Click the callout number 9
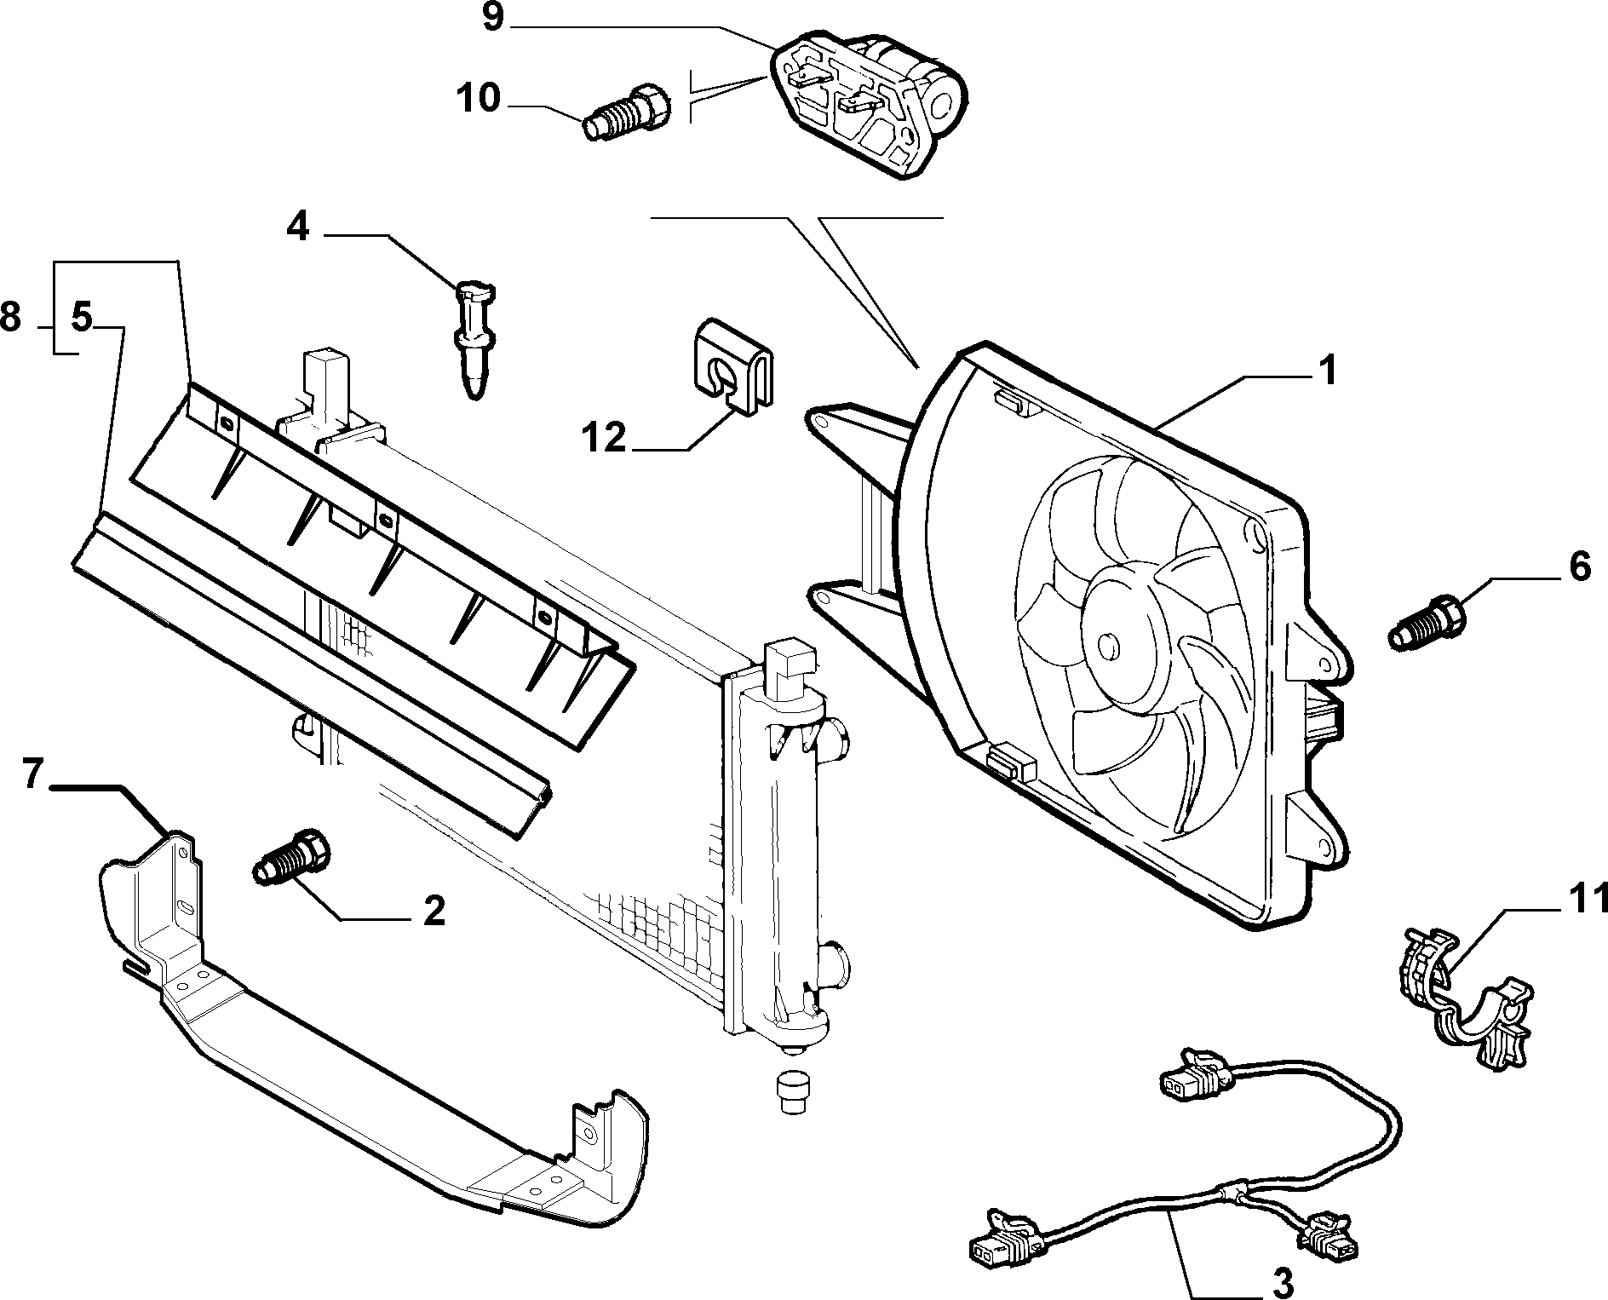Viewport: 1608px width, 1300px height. [x=493, y=18]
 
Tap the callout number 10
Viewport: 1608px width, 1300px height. [x=478, y=99]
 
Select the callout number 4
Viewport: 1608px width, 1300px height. [x=297, y=227]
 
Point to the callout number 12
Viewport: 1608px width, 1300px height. [x=604, y=440]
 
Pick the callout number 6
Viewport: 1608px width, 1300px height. [x=1579, y=567]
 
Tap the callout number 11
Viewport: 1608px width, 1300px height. [x=1588, y=899]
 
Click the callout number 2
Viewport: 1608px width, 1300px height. [x=433, y=912]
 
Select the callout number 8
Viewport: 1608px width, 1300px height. [x=10, y=318]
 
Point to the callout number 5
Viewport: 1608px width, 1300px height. [x=80, y=318]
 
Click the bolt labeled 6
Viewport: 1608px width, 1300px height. [x=1427, y=624]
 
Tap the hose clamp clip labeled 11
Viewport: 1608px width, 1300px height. [x=1462, y=998]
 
